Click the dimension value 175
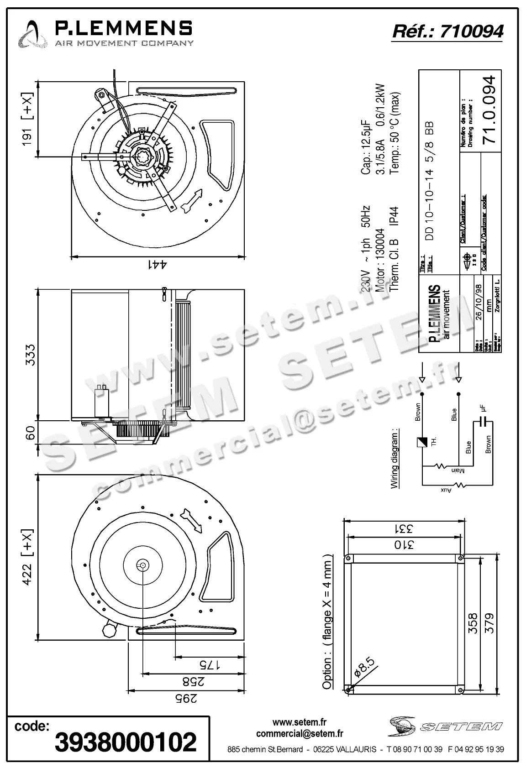(x=204, y=665)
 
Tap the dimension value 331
(x=403, y=529)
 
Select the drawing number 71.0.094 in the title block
(x=489, y=110)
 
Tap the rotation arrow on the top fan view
(x=192, y=201)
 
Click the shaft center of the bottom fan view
(x=143, y=565)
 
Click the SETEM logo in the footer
(x=446, y=726)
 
